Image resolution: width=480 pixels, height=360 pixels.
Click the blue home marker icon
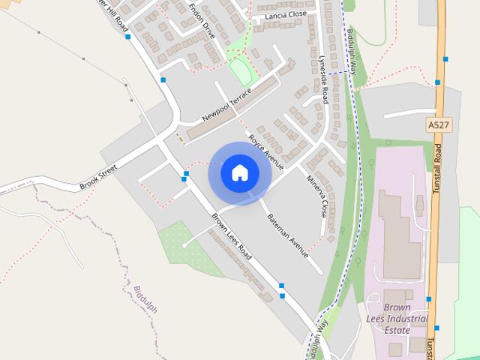tap(240, 173)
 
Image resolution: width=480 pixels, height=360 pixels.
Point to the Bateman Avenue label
tap(288, 234)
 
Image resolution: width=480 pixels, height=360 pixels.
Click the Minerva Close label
tap(317, 196)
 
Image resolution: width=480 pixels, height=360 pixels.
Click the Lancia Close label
tap(279, 14)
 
